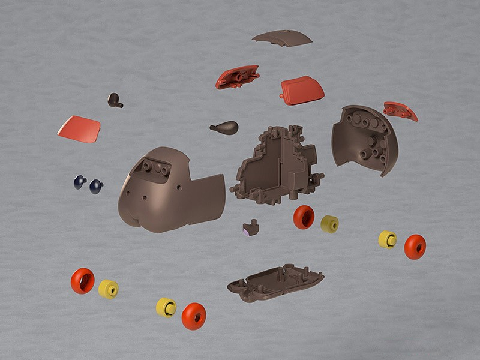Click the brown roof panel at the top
[282, 38]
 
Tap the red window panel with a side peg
[302, 89]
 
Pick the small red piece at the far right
[400, 110]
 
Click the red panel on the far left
[79, 129]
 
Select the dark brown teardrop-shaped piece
[225, 127]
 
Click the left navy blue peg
[80, 182]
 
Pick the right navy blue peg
[96, 187]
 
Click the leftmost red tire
[83, 280]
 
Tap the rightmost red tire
[415, 247]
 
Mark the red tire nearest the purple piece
[304, 217]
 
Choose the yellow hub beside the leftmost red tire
[109, 289]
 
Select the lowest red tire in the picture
[193, 316]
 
